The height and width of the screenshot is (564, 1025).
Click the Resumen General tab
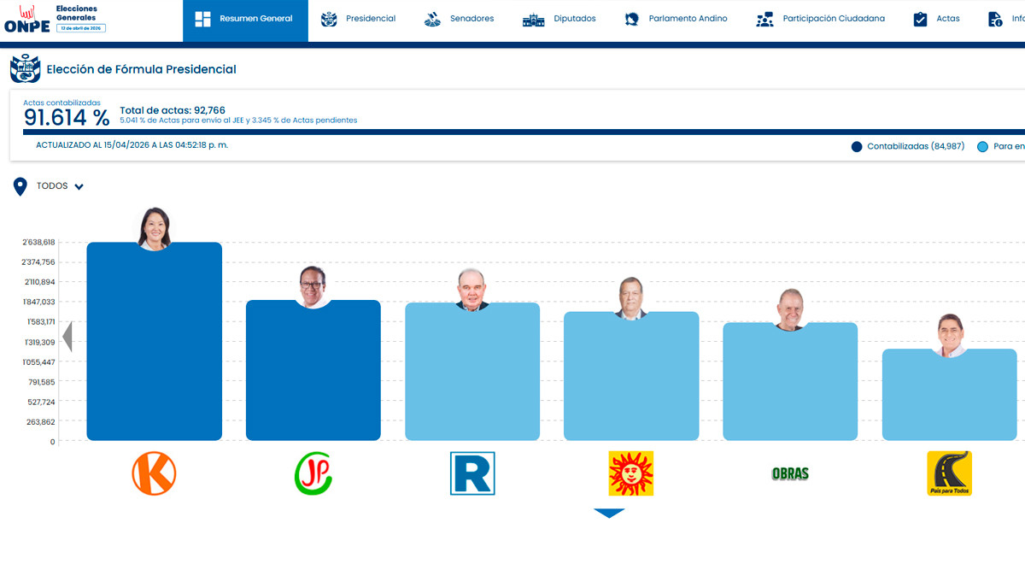(245, 19)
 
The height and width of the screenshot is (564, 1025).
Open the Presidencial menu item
(359, 19)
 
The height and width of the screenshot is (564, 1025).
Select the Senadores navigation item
(460, 19)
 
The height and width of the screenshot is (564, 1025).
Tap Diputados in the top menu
(560, 19)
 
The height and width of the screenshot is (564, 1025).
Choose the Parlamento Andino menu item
(676, 19)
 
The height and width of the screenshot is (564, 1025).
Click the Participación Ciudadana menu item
(821, 19)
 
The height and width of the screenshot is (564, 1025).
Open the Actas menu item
(937, 19)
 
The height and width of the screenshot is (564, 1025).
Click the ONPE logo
(27, 20)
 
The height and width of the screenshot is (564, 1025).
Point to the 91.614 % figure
(67, 118)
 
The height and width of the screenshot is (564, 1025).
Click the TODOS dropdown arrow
(79, 187)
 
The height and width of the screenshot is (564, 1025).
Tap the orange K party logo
(154, 473)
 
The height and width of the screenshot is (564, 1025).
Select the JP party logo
(313, 473)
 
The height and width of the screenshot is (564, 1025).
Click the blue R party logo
(472, 473)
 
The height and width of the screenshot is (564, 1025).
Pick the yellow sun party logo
(630, 473)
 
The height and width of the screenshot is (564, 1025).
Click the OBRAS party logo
(790, 473)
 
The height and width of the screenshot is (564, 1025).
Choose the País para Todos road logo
(949, 473)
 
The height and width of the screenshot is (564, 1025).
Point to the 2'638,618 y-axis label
(39, 243)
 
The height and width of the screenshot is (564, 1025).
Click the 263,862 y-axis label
(41, 422)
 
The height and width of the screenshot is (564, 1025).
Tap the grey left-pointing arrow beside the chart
(67, 337)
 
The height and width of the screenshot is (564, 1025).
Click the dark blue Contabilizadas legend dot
(857, 147)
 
